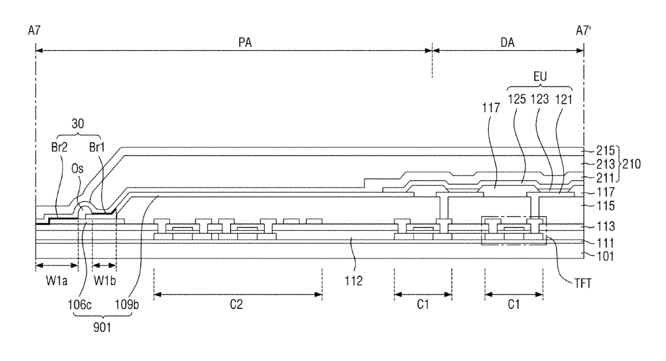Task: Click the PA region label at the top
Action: pos(245,42)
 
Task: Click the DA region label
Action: pos(507,42)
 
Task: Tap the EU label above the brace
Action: pos(540,77)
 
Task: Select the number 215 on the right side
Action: pos(605,150)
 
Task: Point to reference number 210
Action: pos(631,164)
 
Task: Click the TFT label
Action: pos(583,283)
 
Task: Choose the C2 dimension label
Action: pos(237,304)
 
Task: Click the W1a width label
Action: pos(57,280)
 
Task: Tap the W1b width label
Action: pos(105,280)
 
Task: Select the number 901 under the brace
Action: pos(102,328)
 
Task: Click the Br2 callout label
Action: pos(60,147)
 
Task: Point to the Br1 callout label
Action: pos(97,147)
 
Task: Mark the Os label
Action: pos(77,169)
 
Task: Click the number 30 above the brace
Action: pos(78,124)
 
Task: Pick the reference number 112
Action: pos(354,280)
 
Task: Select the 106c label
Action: pos(80,305)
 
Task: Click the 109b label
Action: pos(127,305)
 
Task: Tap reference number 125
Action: pos(517,99)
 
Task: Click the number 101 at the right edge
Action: pos(605,256)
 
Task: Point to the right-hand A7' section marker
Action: pos(584,31)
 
